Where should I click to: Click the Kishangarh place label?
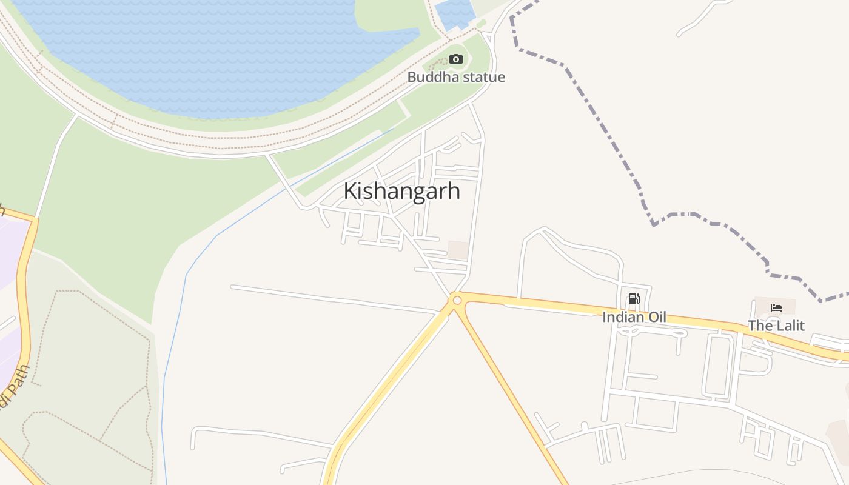click(x=401, y=191)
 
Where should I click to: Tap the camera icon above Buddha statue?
click(x=456, y=59)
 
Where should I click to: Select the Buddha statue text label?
click(x=456, y=77)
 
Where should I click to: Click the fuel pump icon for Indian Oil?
click(x=634, y=298)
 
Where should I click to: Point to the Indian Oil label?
click(x=634, y=317)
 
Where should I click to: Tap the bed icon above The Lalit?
click(x=776, y=307)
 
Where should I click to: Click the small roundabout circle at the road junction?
click(x=457, y=300)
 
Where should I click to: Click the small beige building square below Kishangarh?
click(x=458, y=250)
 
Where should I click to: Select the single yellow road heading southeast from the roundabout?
click(x=515, y=394)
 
